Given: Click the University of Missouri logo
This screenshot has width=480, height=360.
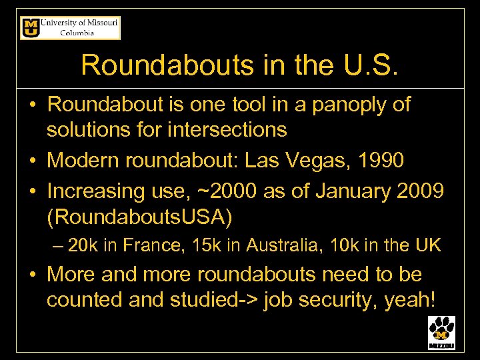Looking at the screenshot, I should tap(70, 28).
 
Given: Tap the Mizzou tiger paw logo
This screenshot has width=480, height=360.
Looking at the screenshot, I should tap(441, 332).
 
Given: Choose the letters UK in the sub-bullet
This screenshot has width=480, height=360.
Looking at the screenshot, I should tap(427, 245).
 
